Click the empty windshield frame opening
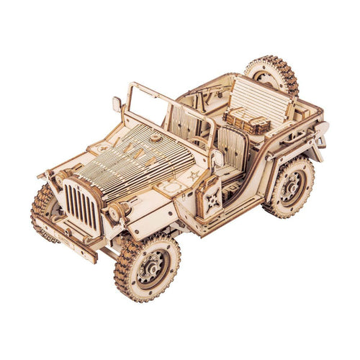click(152, 108)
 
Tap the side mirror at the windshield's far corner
click(117, 104)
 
